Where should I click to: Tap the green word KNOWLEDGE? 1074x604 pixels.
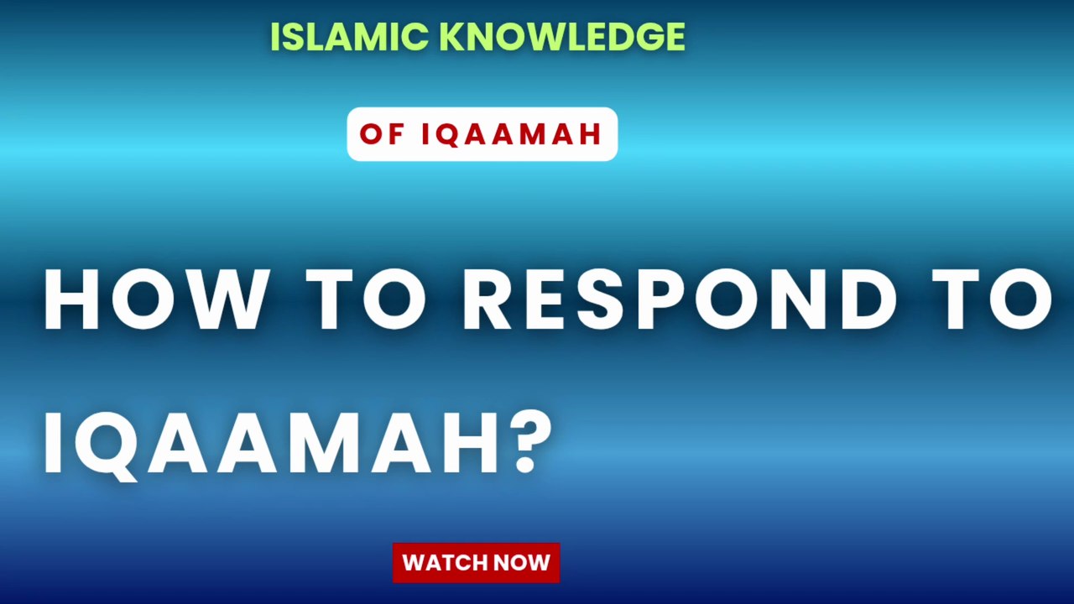(561, 37)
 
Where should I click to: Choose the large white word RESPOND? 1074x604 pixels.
(680, 300)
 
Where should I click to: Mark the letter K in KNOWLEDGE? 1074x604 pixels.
(451, 37)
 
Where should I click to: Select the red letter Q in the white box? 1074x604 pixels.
(451, 135)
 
